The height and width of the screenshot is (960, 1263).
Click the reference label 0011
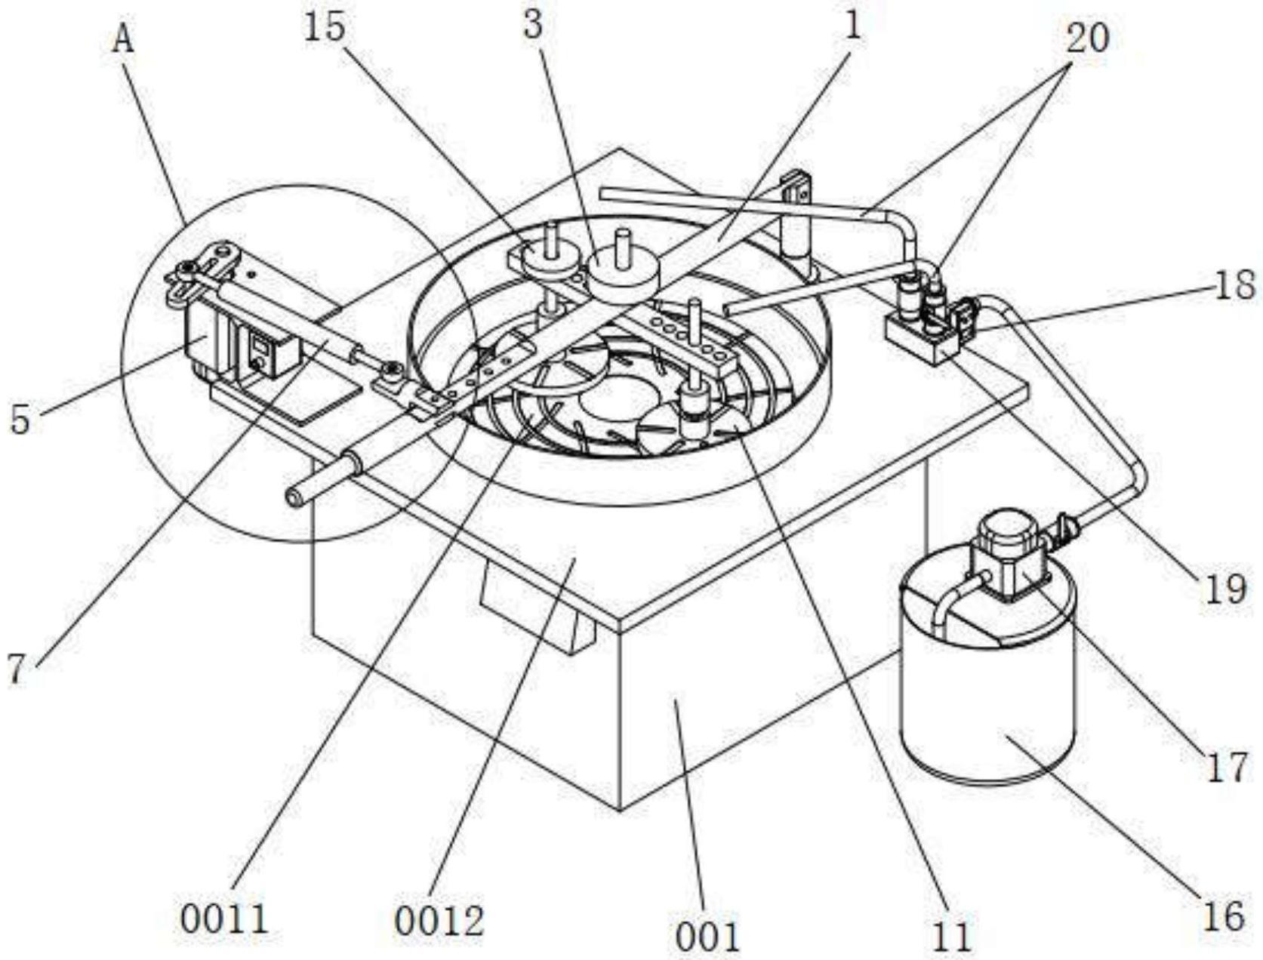tap(224, 920)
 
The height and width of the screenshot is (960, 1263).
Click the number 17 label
tap(1227, 768)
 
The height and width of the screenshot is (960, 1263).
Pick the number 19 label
tap(1224, 588)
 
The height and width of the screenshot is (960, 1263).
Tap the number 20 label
tap(1087, 37)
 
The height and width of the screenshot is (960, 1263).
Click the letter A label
tap(124, 38)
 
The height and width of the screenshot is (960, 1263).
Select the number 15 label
tap(325, 28)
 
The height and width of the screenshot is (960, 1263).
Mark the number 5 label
tap(20, 419)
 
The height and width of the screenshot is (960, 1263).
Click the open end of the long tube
tap(293, 497)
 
